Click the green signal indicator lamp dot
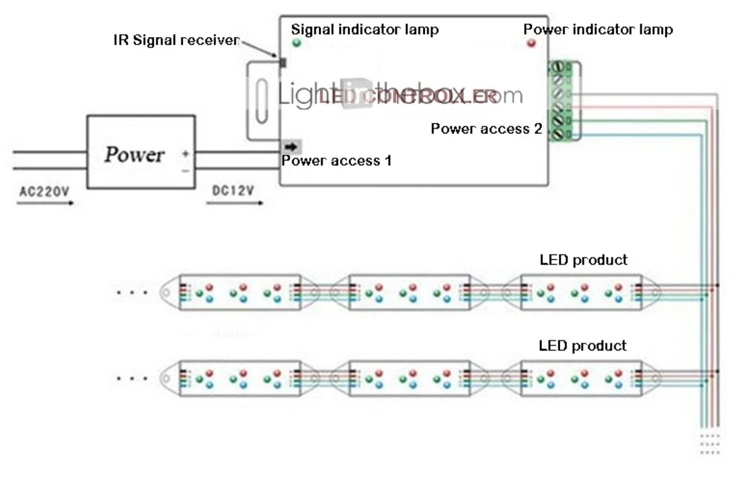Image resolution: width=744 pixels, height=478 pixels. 296,43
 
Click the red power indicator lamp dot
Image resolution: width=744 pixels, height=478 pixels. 531,43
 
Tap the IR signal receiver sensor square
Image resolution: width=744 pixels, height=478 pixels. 283,62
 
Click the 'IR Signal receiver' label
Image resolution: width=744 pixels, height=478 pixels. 176,40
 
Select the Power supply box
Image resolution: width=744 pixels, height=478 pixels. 141,152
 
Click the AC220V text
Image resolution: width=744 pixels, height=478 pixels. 44,192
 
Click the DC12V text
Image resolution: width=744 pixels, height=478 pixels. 232,191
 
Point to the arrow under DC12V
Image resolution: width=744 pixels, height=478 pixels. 234,203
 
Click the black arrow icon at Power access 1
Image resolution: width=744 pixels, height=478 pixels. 291,147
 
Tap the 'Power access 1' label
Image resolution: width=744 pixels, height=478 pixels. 336,161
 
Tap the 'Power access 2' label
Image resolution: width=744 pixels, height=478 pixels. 486,129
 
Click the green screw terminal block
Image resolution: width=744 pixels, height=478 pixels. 559,100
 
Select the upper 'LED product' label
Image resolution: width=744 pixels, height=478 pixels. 583,260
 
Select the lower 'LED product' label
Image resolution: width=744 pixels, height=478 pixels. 582,346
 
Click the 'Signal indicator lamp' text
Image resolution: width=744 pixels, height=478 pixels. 364,29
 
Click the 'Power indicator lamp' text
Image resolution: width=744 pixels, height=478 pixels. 598,29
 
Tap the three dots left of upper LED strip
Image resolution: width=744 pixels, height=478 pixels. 132,292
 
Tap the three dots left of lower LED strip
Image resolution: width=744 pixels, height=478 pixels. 132,379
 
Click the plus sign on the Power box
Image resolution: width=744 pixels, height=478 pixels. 186,153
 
